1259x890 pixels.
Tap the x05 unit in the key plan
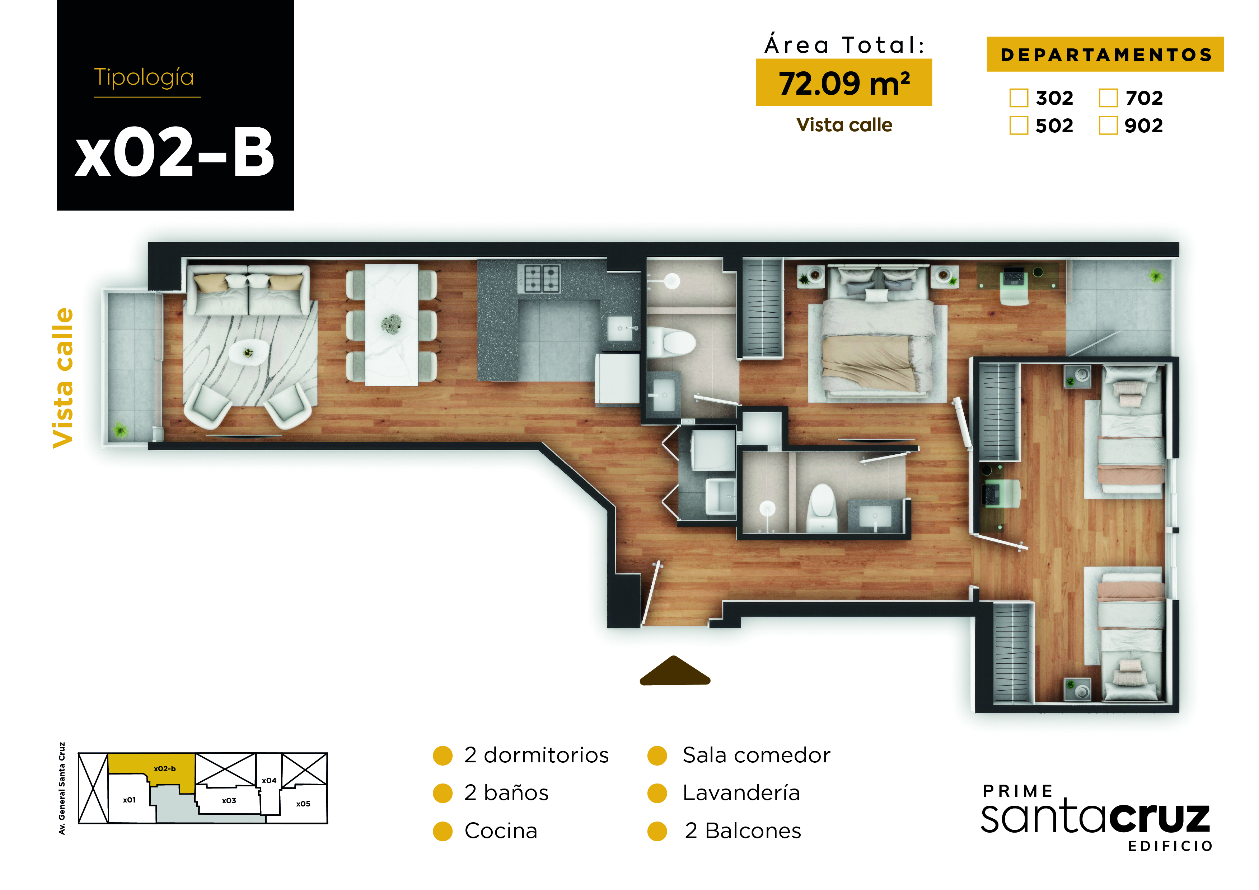point(303,804)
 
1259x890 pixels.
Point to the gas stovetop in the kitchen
point(542,278)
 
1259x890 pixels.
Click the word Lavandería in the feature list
point(741,793)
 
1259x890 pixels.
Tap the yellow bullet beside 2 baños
point(443,793)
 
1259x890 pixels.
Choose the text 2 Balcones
point(743,831)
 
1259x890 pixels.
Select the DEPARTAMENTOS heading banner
point(1105,54)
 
